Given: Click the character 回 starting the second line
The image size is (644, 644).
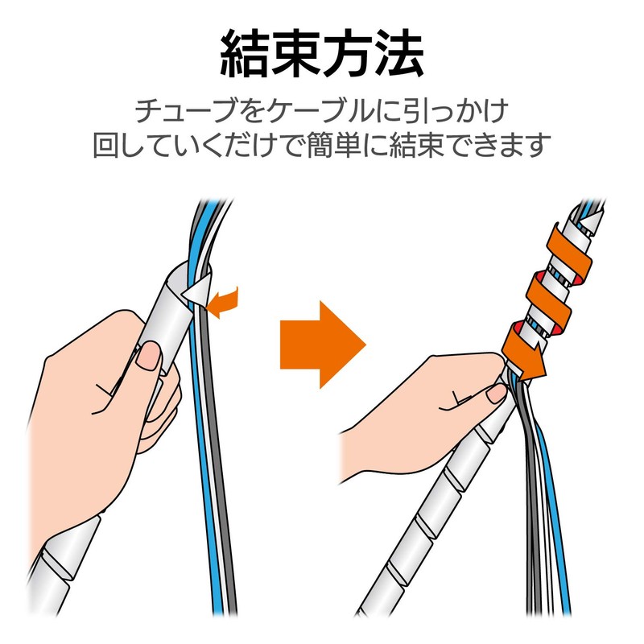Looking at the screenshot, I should click(x=107, y=146).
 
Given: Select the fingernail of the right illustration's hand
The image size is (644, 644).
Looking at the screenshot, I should click(x=495, y=392).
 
